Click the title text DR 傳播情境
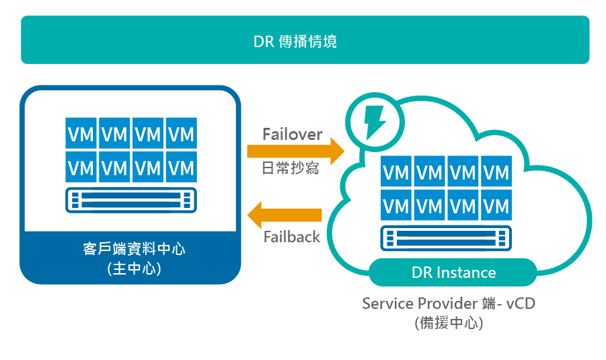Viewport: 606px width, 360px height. (295, 42)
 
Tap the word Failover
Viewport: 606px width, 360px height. (292, 134)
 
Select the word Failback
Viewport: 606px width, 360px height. (292, 237)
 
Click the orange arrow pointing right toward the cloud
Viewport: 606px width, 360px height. (295, 150)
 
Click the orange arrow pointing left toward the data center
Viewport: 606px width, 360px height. (285, 215)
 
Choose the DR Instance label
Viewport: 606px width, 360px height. (453, 273)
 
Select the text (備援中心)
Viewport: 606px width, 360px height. (449, 322)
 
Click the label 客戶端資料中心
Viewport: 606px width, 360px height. (130, 249)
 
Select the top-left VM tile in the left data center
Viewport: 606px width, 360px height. (81, 133)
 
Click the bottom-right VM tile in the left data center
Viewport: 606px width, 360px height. (182, 166)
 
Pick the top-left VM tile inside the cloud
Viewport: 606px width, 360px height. (396, 172)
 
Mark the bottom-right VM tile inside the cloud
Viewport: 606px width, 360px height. (496, 205)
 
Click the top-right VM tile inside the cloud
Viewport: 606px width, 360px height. (496, 172)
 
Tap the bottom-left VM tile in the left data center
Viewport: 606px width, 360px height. (81, 166)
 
